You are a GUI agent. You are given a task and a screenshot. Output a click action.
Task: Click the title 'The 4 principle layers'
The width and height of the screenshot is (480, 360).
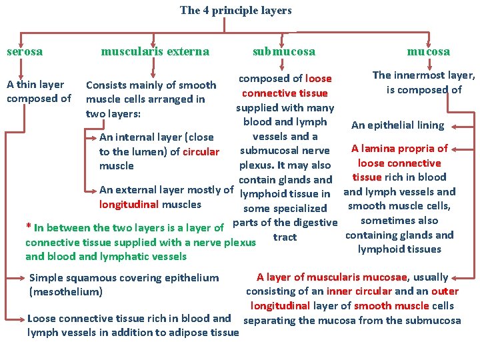235,10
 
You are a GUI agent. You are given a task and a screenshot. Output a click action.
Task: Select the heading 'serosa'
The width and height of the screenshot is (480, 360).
25,51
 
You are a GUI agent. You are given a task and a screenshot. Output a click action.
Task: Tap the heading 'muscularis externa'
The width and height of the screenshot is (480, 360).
155,51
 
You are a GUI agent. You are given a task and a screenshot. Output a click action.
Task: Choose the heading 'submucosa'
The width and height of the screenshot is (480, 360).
284,51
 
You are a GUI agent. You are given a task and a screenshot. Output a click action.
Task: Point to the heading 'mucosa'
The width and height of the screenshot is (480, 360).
429,51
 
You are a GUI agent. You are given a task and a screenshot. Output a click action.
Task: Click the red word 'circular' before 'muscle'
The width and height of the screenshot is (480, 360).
201,151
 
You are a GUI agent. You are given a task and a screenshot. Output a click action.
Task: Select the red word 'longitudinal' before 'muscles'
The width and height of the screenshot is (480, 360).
129,204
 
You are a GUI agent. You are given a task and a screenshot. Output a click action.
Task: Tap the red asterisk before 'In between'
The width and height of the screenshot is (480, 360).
28,226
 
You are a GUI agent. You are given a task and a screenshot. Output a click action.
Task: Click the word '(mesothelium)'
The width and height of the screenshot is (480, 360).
66,291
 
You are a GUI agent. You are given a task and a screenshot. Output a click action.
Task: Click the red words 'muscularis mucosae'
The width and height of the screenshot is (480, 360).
374,277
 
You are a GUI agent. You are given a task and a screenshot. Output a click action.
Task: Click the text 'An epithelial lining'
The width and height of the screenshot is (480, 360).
397,125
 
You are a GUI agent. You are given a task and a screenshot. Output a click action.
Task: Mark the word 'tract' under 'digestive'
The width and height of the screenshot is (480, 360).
285,237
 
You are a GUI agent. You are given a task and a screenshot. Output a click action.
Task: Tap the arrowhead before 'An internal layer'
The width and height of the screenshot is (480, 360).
93,137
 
